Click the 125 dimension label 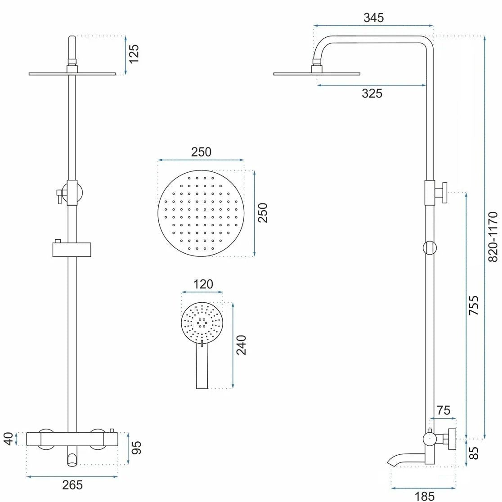point(134,54)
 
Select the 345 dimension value point(373,18)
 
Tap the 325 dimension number point(372,93)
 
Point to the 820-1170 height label point(493,237)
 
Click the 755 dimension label point(474,305)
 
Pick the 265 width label point(72,485)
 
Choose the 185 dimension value point(424,496)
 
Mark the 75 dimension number point(443,410)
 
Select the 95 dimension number point(136,447)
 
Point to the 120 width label point(202,284)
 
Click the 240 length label point(242,345)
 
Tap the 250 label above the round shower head point(201,152)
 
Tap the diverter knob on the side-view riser point(443,192)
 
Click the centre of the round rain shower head point(201,213)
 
